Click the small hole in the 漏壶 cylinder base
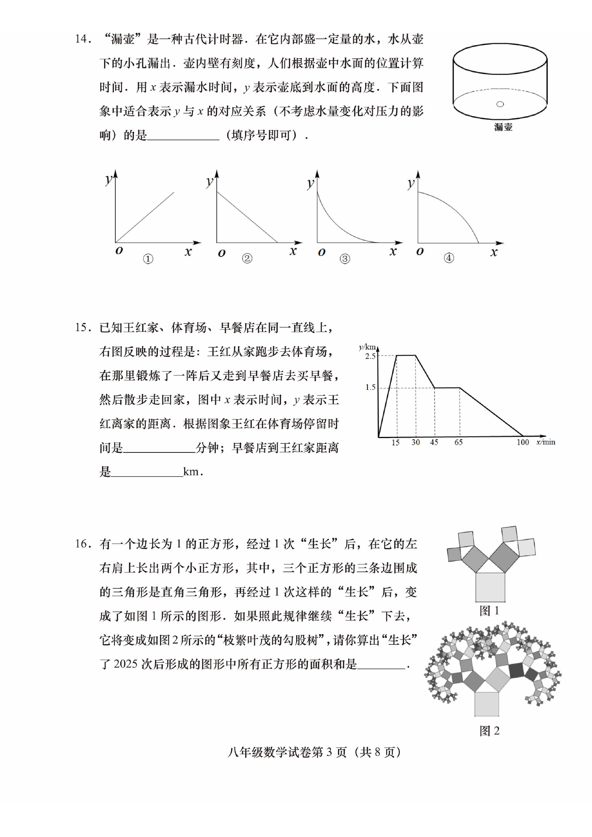click(500, 104)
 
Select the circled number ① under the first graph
click(148, 259)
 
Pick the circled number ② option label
click(247, 258)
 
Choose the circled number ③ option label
click(345, 259)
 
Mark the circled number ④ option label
click(449, 258)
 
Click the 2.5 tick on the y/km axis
click(370, 356)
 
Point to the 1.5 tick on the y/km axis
click(370, 387)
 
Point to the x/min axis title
click(546, 442)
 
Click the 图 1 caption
click(489, 611)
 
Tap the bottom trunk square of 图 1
click(490, 587)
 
